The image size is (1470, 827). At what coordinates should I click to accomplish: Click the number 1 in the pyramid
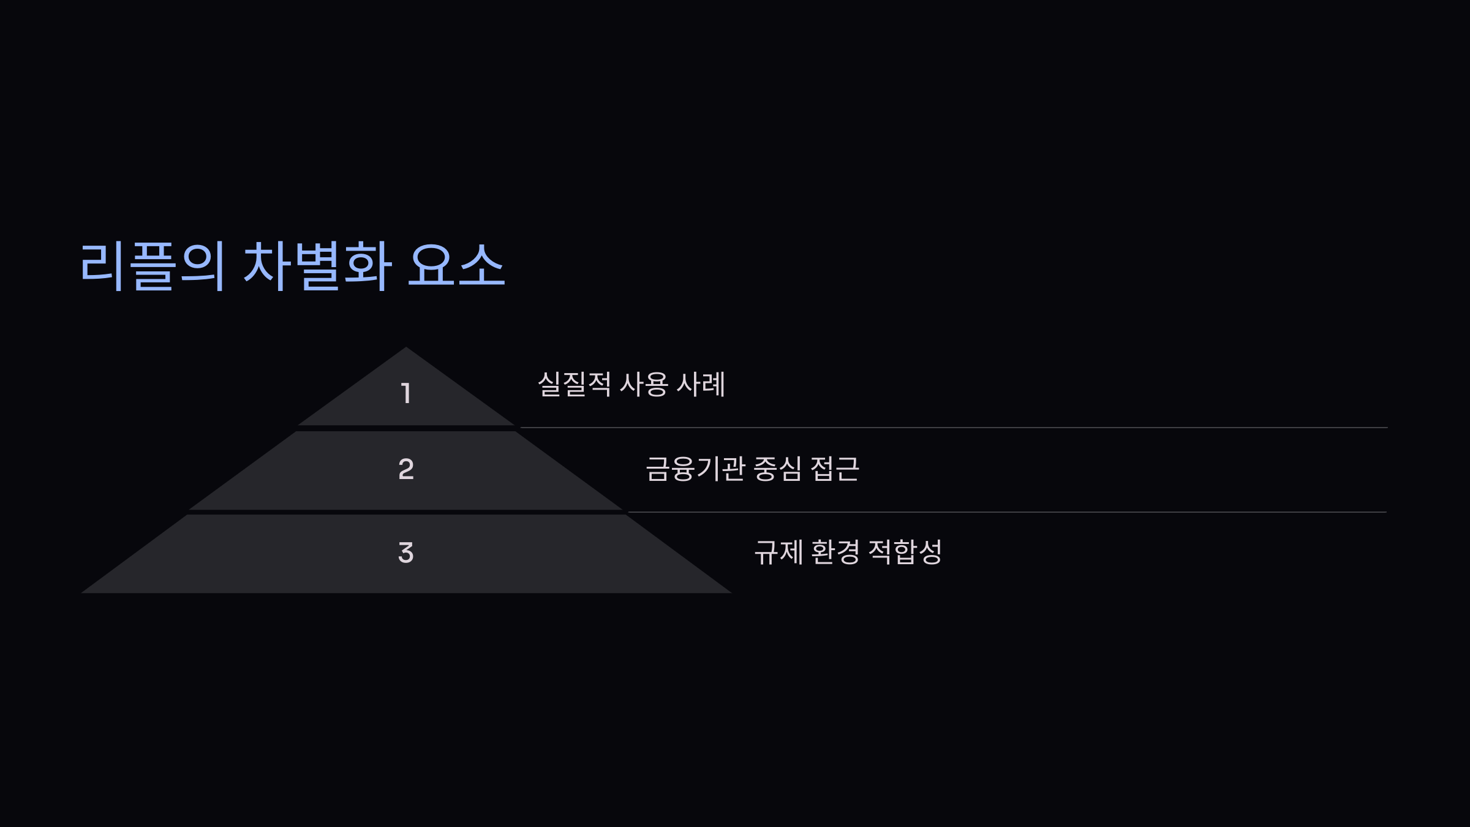(x=405, y=393)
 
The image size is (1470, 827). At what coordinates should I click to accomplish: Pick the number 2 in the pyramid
(x=405, y=469)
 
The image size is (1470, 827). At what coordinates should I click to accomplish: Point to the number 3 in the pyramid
(x=405, y=553)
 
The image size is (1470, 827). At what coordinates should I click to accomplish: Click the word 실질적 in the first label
(x=574, y=384)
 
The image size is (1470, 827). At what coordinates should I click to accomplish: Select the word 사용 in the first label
(x=643, y=384)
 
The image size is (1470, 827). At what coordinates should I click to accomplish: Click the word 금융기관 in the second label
(x=695, y=469)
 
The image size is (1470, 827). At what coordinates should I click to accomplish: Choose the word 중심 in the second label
(x=777, y=469)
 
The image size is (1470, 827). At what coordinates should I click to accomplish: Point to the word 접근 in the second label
(x=834, y=469)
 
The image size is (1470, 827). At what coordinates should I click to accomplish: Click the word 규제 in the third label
(x=778, y=552)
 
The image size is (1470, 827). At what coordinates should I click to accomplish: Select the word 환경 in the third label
(x=835, y=552)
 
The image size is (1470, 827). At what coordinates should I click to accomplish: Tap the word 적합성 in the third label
(x=905, y=552)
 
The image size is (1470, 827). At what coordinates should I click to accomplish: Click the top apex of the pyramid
(x=405, y=349)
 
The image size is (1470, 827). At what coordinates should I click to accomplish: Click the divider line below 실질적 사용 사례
(x=953, y=428)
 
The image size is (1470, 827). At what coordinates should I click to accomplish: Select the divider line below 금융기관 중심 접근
(x=1007, y=512)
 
